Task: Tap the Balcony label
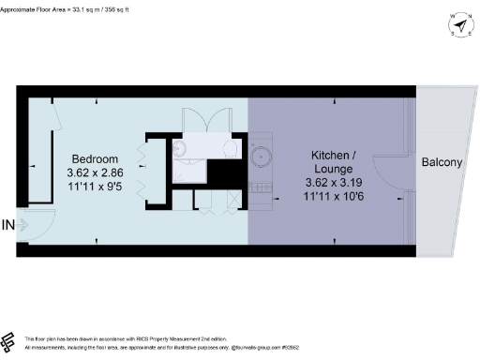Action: [442, 162]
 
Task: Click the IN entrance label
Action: [8, 224]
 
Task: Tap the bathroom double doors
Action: [201, 122]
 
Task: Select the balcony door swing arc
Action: [389, 169]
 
